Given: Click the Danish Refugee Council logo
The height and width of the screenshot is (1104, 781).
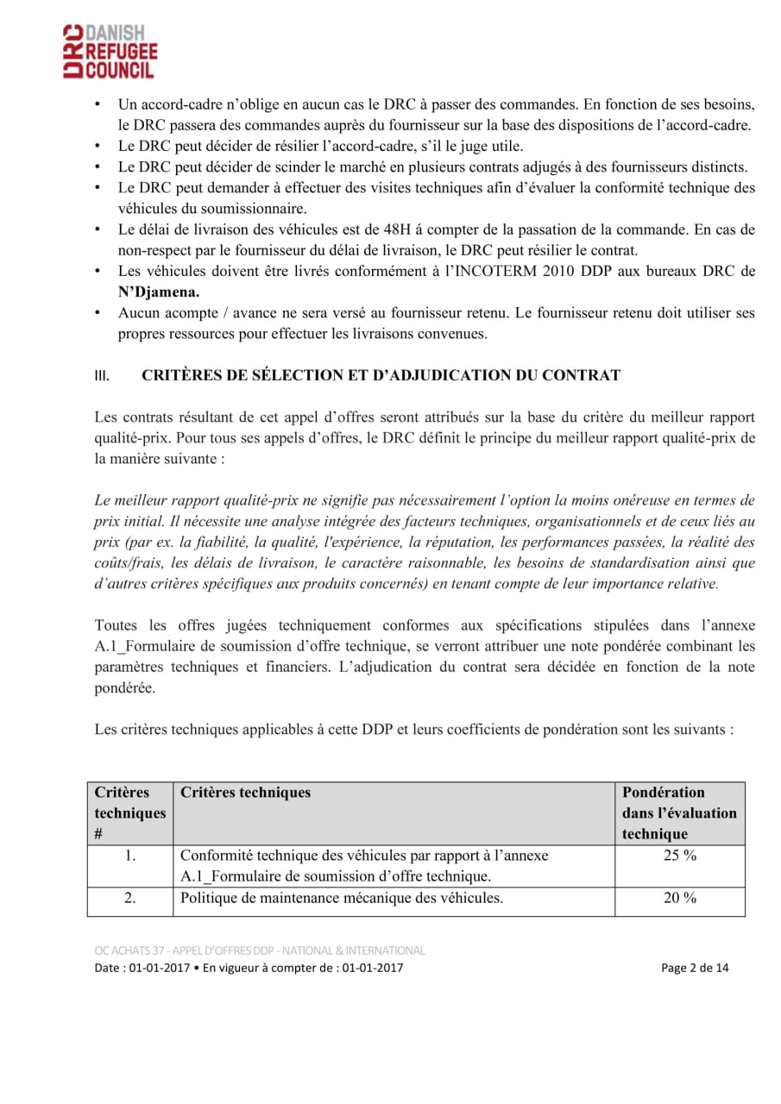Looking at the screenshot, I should point(110,52).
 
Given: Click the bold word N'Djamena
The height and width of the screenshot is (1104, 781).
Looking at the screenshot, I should point(159,292).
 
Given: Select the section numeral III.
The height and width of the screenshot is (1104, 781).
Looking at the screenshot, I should point(102,376).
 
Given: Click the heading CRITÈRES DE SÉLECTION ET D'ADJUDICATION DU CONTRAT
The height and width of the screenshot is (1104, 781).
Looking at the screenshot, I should point(381,375).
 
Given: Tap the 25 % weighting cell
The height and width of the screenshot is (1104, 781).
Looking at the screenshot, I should point(679,856).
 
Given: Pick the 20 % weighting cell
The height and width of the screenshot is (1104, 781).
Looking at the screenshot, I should point(679,898).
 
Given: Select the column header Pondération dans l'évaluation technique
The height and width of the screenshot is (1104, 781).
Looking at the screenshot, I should point(679,812).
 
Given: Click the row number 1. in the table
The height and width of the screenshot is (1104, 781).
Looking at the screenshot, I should point(130,856).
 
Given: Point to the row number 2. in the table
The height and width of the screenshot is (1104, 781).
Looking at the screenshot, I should point(130,898).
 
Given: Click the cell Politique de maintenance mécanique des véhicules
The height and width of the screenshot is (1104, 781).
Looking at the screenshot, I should point(342,898).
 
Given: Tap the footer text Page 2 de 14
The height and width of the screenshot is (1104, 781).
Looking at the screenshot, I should point(695,968).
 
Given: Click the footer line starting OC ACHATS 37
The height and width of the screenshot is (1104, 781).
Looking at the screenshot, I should point(260,950).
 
